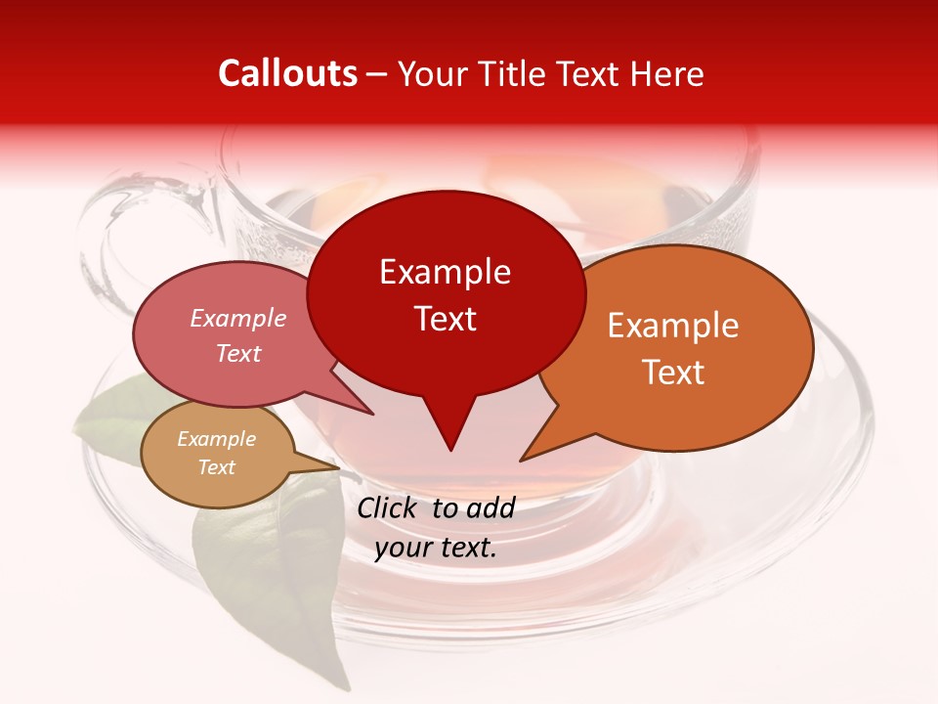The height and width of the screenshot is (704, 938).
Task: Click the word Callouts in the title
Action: point(287,73)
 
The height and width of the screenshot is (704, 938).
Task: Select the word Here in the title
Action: point(663,73)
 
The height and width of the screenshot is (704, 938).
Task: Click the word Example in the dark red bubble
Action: point(445,272)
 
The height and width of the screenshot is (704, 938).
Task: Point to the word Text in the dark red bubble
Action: point(445,319)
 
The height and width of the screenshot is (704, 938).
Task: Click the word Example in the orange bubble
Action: point(673,326)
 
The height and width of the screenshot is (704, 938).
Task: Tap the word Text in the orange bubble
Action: point(673,373)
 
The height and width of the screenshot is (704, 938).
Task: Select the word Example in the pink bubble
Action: point(238,318)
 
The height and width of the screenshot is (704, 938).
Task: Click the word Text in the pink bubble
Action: point(238,353)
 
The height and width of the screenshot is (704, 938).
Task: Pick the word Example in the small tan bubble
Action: point(217,439)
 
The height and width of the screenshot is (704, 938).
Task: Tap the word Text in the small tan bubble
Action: point(217,467)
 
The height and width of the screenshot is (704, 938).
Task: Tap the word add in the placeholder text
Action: point(491,508)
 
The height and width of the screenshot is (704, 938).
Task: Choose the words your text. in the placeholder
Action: point(436,548)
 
